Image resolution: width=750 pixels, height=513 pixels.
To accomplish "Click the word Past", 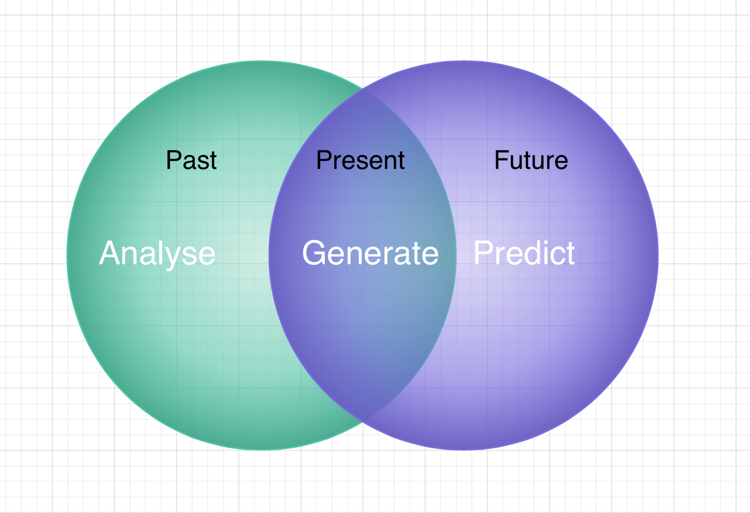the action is point(192,160).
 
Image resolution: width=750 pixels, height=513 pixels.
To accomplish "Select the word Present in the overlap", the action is point(360,160).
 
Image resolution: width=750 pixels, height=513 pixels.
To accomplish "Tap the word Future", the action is point(531,160).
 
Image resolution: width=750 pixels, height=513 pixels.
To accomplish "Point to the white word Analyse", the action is point(157,254).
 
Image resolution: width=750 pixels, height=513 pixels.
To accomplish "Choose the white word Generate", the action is point(370,253).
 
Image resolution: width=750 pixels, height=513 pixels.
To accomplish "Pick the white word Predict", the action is point(524,253).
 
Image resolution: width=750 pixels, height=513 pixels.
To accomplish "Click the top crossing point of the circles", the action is point(363,90).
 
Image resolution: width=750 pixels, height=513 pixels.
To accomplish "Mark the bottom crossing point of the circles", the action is point(363,421).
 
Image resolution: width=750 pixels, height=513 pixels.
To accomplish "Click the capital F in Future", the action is point(502,160).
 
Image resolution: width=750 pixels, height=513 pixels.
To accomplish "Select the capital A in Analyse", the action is point(111,253).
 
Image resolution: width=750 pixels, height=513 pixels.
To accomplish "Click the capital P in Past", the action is point(174,160).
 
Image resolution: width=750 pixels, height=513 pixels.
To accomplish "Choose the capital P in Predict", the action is point(484,253).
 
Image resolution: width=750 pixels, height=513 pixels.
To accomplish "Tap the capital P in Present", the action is point(324,160).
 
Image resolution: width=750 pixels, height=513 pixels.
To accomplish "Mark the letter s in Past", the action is point(204,163).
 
